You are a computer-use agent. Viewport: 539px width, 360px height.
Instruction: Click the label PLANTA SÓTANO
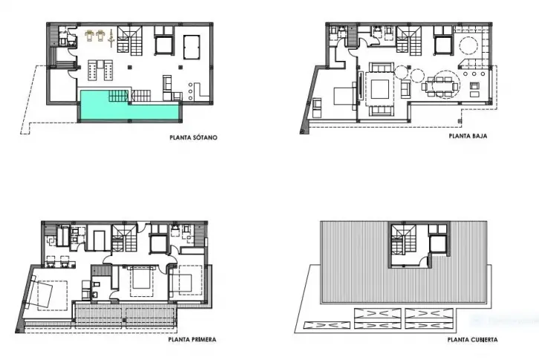194,137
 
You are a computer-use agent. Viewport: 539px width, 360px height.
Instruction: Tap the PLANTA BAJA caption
468,136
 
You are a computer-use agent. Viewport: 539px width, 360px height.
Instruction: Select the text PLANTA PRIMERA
192,340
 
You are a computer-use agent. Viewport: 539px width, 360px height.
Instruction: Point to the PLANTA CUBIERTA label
472,340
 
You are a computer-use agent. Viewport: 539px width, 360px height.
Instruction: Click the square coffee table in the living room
381,89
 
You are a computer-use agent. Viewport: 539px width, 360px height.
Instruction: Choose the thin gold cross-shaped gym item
111,38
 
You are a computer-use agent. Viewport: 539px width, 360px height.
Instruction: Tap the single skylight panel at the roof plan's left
327,325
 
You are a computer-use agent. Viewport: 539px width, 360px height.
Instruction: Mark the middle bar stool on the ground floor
474,74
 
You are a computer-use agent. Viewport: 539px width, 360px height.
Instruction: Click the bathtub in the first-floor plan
62,235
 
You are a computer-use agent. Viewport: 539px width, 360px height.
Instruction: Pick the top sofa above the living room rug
381,67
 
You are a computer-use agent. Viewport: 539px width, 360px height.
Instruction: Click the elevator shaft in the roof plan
439,244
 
